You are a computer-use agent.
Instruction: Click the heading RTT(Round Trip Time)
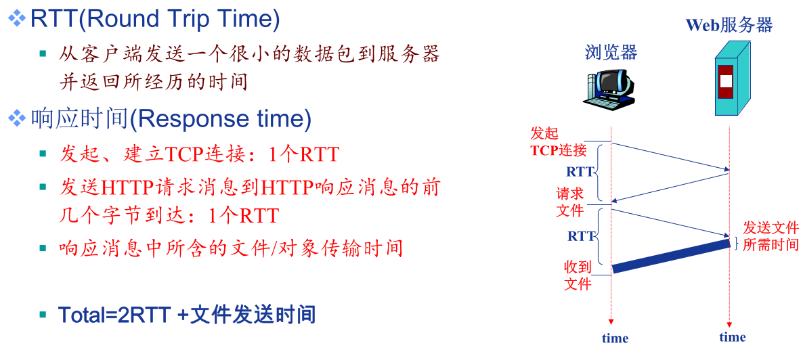(x=155, y=19)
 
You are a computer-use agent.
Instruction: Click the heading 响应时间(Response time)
(x=171, y=118)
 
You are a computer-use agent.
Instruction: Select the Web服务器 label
(x=729, y=24)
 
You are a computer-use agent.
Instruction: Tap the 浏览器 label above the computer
(x=611, y=52)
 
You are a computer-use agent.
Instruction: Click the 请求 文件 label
(x=569, y=202)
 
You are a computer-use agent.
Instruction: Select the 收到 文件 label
(x=578, y=275)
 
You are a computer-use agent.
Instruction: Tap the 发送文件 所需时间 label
(x=771, y=236)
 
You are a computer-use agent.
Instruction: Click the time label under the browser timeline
(x=615, y=338)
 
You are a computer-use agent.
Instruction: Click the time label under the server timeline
(x=733, y=337)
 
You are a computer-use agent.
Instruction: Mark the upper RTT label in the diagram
(x=580, y=172)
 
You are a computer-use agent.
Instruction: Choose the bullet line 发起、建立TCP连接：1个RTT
(x=199, y=154)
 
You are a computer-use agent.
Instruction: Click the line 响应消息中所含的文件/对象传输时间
(x=232, y=248)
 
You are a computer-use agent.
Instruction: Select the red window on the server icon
(x=725, y=82)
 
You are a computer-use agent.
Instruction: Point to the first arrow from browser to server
(x=671, y=156)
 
